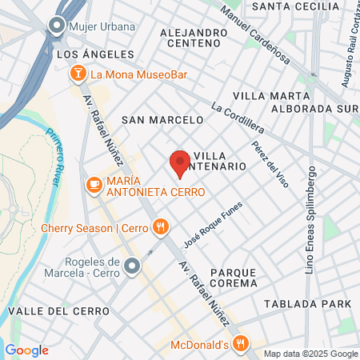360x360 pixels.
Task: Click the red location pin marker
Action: (179, 164)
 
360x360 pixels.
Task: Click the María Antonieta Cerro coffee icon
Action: (94, 185)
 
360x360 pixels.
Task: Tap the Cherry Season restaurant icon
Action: (161, 227)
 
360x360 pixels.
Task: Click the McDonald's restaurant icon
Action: (240, 345)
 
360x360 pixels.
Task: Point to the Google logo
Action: (27, 350)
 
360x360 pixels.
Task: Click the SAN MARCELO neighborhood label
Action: (162, 119)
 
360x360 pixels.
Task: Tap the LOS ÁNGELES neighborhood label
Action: (95, 54)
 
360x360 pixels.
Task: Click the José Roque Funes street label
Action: (213, 223)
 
